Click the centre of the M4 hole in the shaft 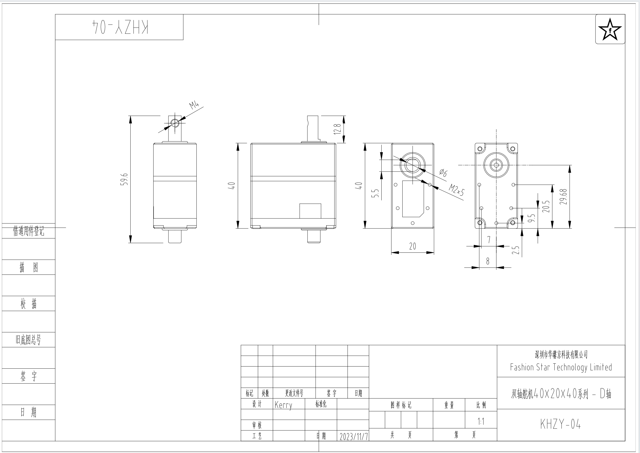(175, 123)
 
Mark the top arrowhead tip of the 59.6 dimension (130, 116)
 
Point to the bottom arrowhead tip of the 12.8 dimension (344, 143)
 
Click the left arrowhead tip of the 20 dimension (391, 253)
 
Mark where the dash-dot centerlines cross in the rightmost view (496, 165)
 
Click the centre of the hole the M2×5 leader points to (430, 185)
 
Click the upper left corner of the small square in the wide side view (300, 204)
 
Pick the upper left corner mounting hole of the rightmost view (480, 148)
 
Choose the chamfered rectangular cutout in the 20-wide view (413, 199)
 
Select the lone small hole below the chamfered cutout (413, 223)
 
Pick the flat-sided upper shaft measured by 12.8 (313, 128)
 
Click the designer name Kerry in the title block (283, 405)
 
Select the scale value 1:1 (481, 421)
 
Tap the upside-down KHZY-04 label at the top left (120, 27)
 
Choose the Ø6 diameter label (443, 173)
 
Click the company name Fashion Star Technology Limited (561, 367)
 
